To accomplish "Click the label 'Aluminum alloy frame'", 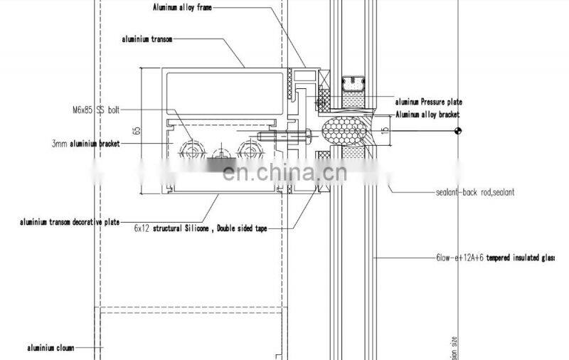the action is (x=182, y=7).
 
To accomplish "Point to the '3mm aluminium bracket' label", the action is (x=85, y=144).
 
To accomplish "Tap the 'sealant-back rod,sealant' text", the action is (x=475, y=192).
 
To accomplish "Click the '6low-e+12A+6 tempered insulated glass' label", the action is (x=495, y=258).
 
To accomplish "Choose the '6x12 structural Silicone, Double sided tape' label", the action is (x=196, y=229).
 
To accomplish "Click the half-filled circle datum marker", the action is (x=458, y=131).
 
